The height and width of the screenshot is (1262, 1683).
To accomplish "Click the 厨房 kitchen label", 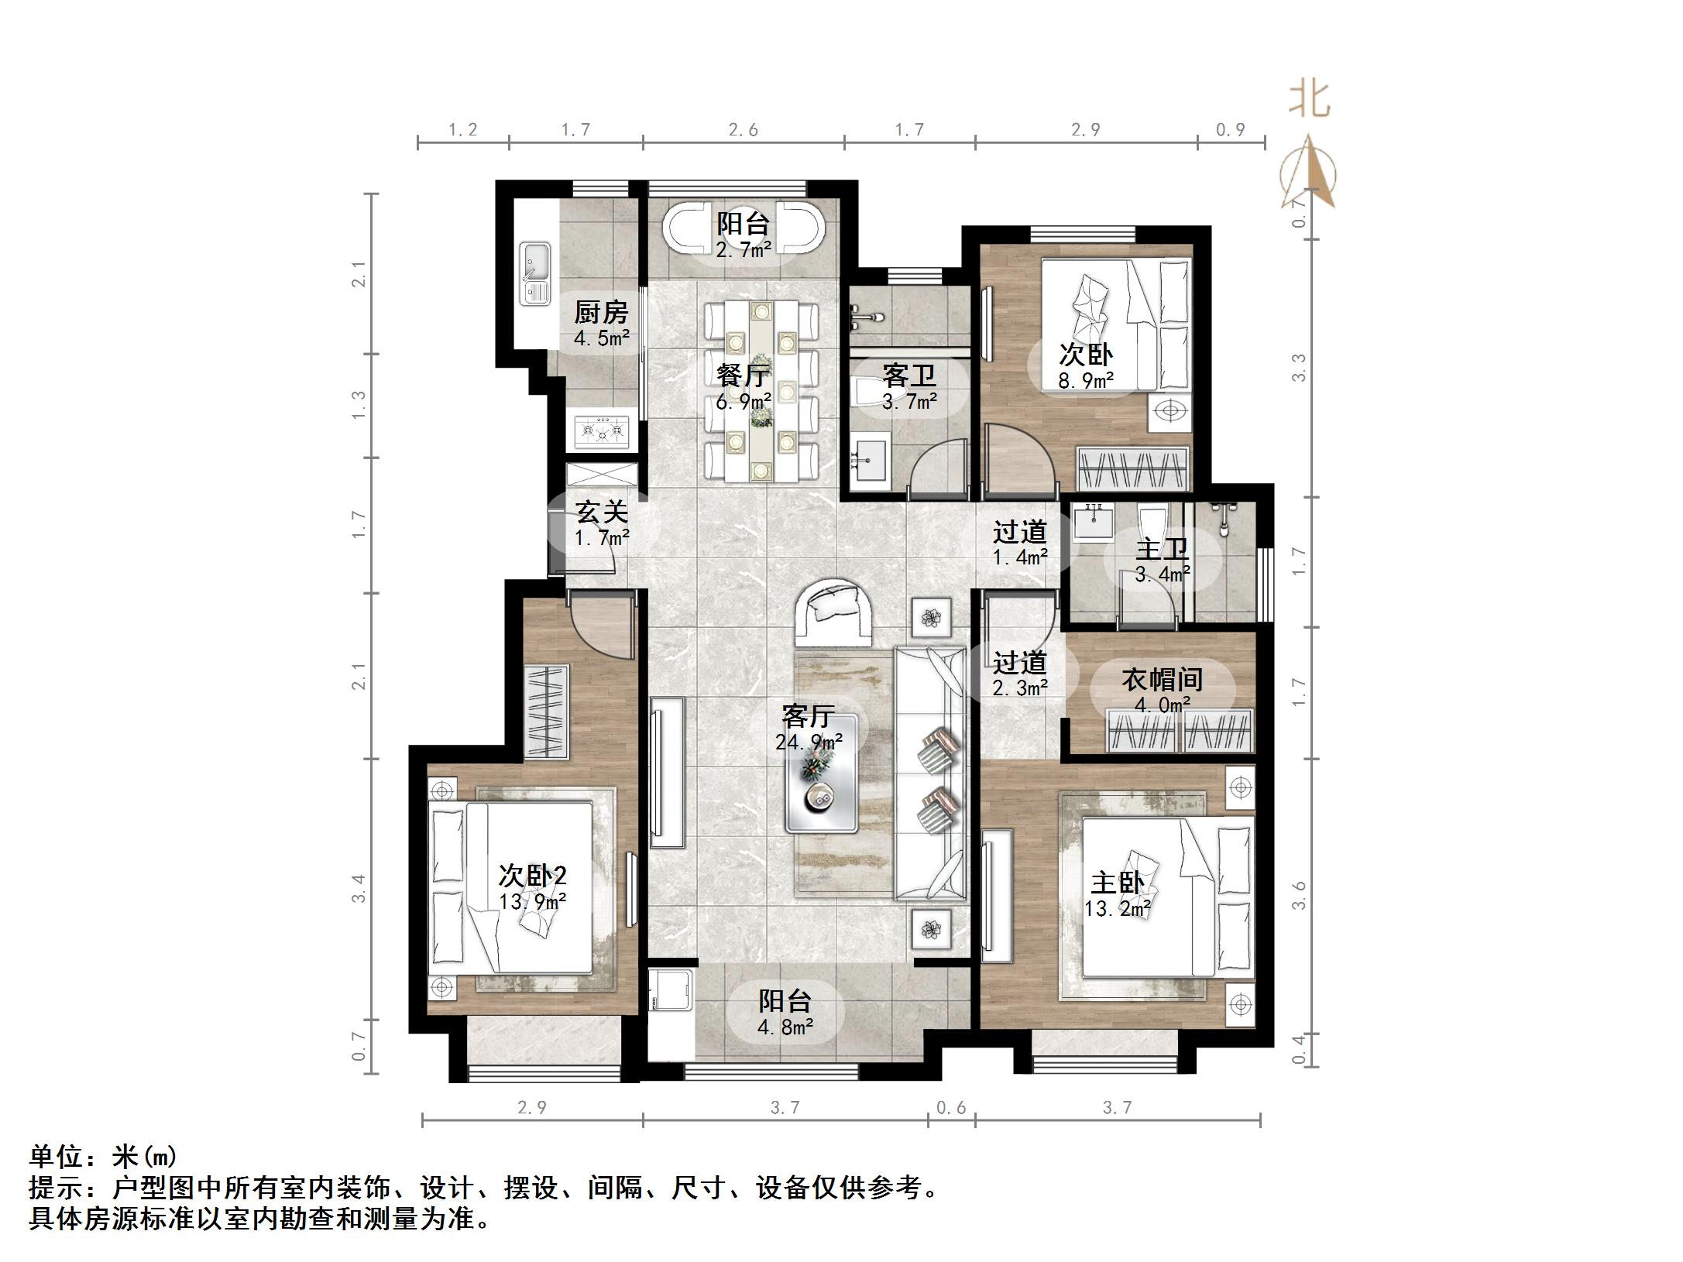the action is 601,312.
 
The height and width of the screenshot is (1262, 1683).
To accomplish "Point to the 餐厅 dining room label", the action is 744,376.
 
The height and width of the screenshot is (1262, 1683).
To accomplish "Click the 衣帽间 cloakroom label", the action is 1162,680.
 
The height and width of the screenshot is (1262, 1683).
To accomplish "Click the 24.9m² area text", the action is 809,742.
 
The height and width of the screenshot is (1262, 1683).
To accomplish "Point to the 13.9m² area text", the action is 532,901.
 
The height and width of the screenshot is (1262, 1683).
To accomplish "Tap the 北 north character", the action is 1310,100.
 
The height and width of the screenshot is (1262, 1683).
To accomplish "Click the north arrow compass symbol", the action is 1308,172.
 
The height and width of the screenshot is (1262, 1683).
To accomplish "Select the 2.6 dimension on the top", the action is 744,130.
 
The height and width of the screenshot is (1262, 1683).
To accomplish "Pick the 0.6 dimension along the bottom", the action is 951,1108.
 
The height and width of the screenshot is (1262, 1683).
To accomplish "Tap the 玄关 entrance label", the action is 602,512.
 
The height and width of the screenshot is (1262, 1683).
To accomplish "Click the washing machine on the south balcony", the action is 671,989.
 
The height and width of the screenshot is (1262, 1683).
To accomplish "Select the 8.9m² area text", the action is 1086,380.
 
